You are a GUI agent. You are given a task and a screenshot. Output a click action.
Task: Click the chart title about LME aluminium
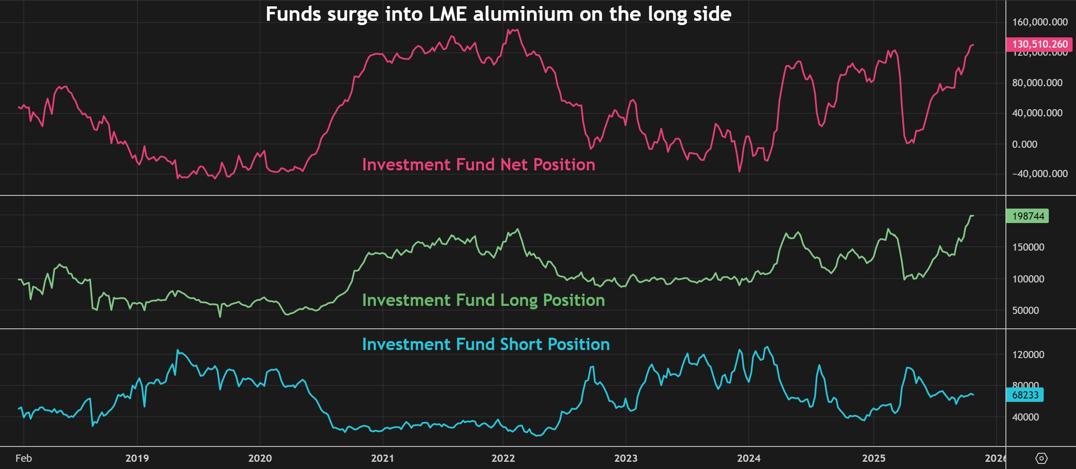coord(498,14)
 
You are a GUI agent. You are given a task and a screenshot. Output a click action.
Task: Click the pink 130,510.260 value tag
coord(1039,44)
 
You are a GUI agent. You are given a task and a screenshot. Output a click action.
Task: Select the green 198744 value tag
coord(1028,216)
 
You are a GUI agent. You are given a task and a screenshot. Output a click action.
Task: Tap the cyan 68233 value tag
coord(1025,395)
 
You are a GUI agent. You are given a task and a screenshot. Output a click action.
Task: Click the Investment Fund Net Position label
coord(479,165)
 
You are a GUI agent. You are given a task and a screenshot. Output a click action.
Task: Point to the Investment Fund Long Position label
coord(483,300)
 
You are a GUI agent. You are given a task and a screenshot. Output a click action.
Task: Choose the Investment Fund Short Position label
coord(486,345)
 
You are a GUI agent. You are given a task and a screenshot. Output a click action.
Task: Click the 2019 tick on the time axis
coord(137,458)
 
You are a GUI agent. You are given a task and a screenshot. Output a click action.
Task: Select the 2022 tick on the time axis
coord(503,458)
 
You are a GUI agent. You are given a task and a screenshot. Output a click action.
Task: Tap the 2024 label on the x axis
coord(748,458)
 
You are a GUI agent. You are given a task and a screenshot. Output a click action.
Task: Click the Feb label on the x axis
coord(23,458)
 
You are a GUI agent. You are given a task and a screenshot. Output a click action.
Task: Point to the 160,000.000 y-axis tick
coord(1039,22)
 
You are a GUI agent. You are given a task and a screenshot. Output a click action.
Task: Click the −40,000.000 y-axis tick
coord(1039,174)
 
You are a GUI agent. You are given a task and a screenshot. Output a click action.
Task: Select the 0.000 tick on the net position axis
coord(1024,144)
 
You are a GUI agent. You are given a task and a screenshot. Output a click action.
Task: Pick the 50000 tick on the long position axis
coord(1025,311)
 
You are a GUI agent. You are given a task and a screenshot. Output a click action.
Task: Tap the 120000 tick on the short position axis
coord(1028,355)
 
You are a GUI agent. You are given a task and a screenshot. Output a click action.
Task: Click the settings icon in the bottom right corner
coord(1042,458)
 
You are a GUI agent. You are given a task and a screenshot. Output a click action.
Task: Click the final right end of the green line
coord(973,216)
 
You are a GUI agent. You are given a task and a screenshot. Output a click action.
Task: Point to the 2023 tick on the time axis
coord(626,458)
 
